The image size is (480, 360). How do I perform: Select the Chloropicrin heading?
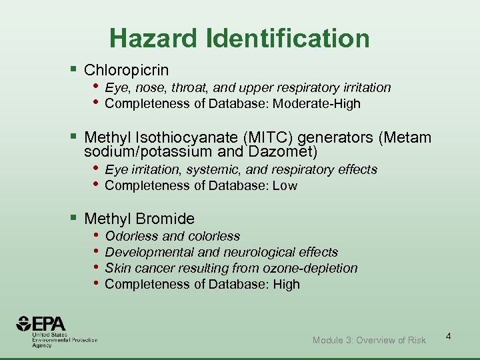pos(127,70)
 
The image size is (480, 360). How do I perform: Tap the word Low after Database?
pos(284,185)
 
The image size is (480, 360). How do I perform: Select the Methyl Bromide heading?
pos(139,219)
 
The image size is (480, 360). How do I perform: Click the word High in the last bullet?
pos(285,284)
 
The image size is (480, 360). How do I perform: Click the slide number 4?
pos(449,336)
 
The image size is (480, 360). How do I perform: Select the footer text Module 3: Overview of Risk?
pos(369,340)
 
